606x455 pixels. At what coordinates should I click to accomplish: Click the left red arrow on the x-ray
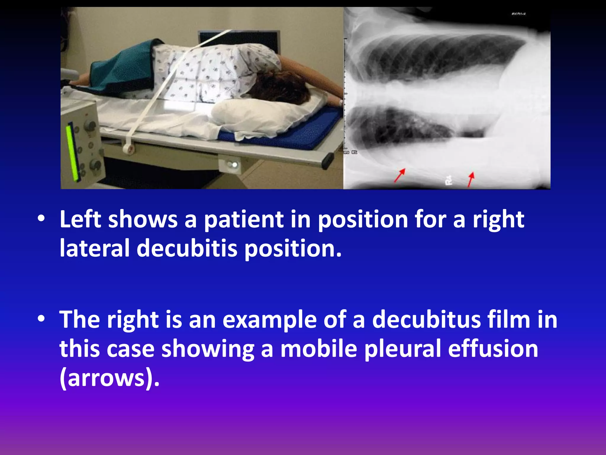pyautogui.click(x=399, y=175)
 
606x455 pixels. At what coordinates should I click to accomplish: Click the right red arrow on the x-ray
pyautogui.click(x=470, y=179)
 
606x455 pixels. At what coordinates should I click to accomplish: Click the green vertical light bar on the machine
pyautogui.click(x=71, y=153)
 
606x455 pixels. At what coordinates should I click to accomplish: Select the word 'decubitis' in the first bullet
pyautogui.click(x=187, y=248)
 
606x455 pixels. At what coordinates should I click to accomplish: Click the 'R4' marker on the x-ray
pyautogui.click(x=449, y=180)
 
